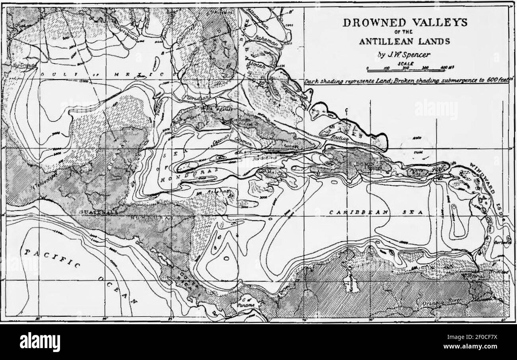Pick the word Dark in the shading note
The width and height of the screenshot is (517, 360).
(312, 82)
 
